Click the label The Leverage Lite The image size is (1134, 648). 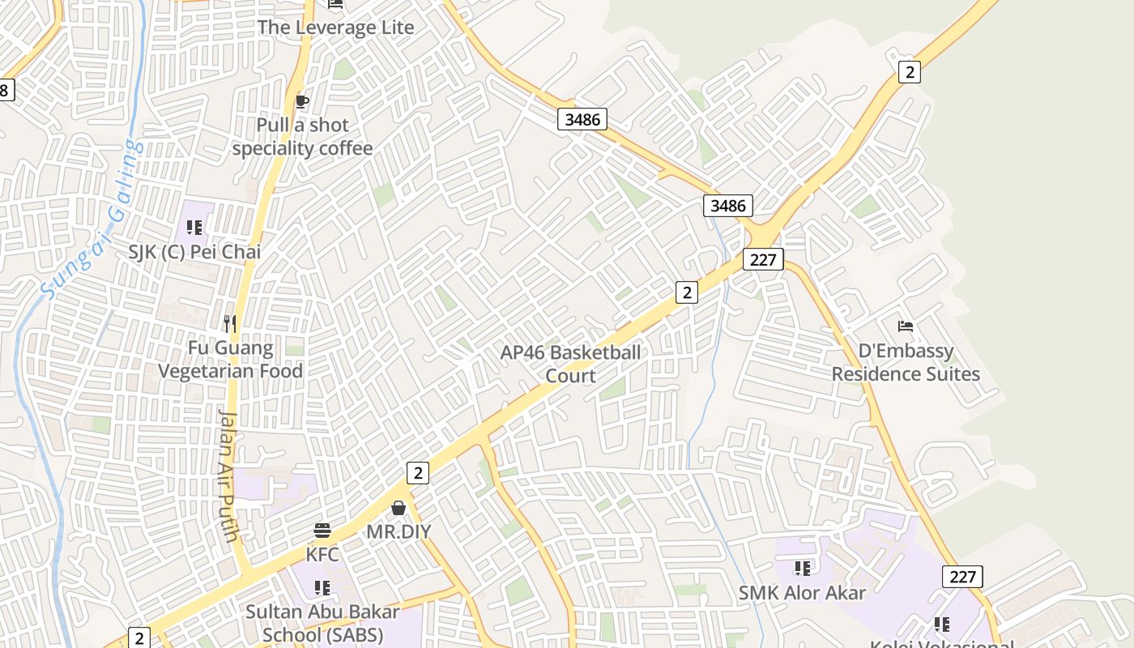click(335, 28)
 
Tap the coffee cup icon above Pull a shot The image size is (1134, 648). click(301, 101)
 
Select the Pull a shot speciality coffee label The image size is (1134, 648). click(302, 137)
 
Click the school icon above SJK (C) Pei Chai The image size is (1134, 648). click(194, 228)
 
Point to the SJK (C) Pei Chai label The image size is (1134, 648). click(194, 252)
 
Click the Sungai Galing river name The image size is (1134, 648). click(92, 219)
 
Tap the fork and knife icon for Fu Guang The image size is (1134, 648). click(230, 324)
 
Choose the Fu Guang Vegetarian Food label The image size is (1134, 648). click(230, 360)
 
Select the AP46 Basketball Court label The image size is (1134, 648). click(570, 364)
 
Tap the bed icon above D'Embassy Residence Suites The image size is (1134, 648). click(906, 326)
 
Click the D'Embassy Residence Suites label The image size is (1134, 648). click(906, 363)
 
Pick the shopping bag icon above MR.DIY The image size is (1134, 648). click(399, 509)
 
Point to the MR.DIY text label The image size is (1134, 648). click(399, 532)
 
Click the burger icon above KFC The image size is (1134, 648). click(322, 531)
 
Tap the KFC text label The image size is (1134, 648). click(322, 555)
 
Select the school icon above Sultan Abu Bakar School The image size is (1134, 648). click(322, 587)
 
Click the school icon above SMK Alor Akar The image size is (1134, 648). click(802, 569)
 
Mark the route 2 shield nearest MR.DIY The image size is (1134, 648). click(417, 473)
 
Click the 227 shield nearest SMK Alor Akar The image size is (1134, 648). click(962, 577)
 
